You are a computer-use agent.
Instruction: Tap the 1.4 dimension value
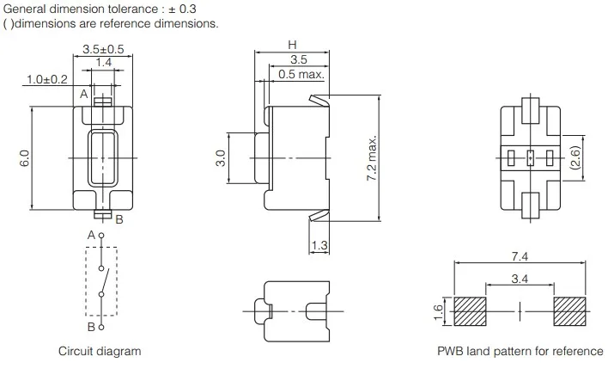coord(103,63)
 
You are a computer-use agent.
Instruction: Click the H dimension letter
coord(292,45)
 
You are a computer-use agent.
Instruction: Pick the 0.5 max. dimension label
coord(301,75)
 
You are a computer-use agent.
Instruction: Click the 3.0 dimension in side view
coord(221,158)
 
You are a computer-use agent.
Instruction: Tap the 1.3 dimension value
coord(319,246)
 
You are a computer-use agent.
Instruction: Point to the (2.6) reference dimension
coord(576,157)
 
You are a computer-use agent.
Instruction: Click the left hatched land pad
coord(470,310)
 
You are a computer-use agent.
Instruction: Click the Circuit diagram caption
coord(100,351)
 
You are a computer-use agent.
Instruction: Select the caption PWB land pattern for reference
coord(520,351)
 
